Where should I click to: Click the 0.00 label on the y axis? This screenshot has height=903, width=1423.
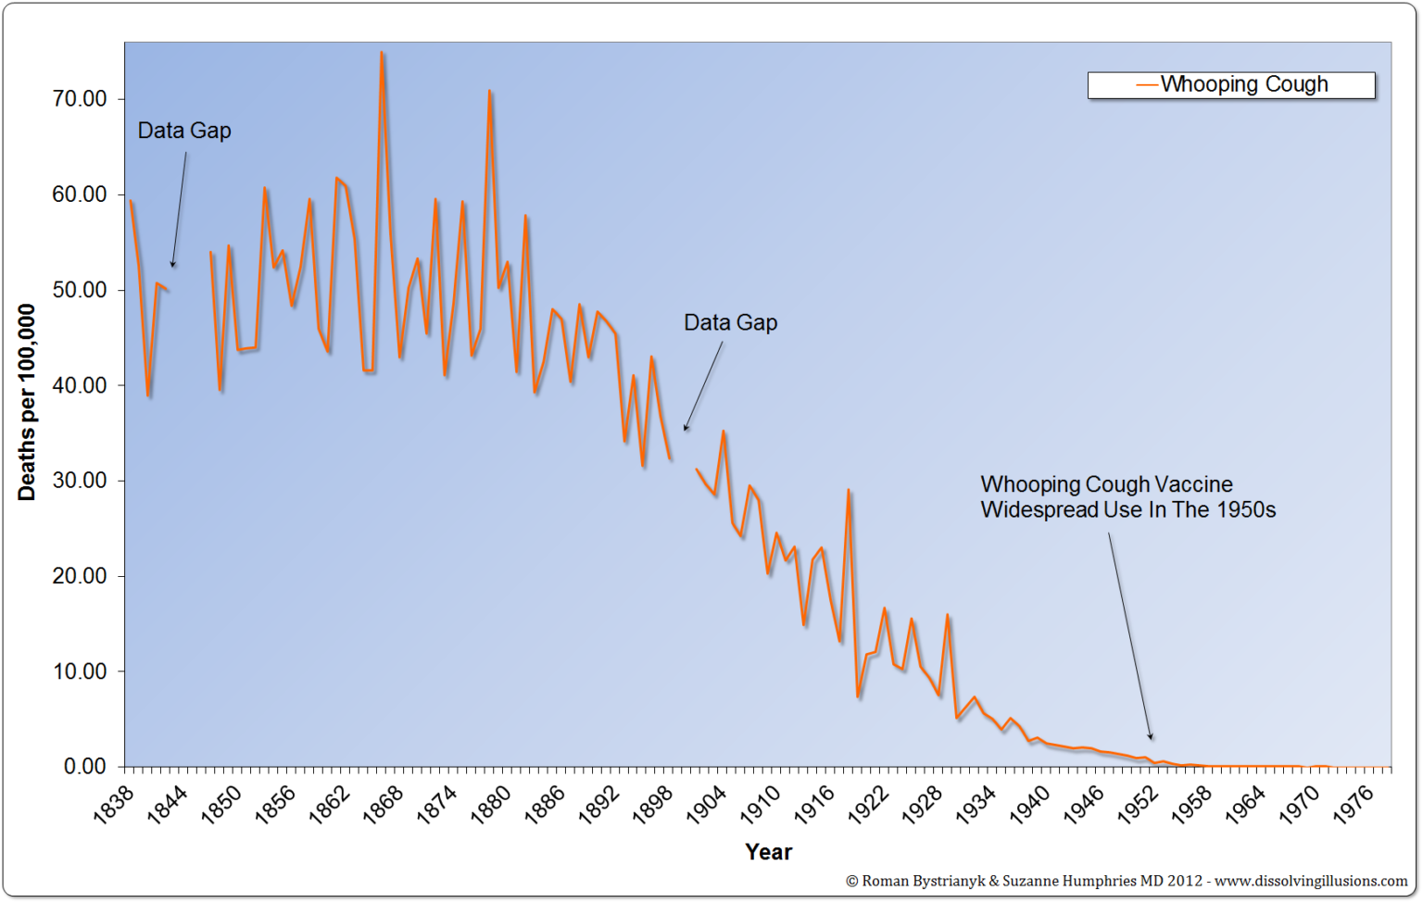click(84, 766)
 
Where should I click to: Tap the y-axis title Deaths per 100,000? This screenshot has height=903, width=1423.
click(26, 403)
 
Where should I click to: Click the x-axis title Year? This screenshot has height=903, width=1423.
click(768, 852)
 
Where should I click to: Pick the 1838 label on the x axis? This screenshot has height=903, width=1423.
click(115, 803)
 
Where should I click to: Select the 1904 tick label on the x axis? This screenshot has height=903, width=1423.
click(707, 803)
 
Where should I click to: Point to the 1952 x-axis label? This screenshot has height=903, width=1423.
click(1138, 803)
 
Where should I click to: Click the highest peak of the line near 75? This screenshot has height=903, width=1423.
click(382, 53)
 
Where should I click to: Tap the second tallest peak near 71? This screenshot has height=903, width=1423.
click(489, 91)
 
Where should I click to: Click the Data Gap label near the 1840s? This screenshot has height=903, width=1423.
click(184, 131)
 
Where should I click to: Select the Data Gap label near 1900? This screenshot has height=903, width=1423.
click(730, 322)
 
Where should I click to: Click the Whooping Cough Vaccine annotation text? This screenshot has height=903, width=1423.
click(1127, 497)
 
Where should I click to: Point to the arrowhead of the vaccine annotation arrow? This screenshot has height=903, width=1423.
click(1151, 737)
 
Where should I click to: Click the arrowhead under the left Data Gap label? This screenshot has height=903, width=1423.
click(172, 265)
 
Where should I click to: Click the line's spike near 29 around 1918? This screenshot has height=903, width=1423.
click(848, 490)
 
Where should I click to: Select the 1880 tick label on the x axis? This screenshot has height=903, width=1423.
click(491, 803)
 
